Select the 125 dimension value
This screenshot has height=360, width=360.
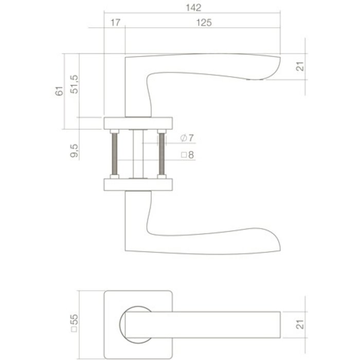pos(204,23)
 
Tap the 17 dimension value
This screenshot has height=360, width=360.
pos(115,23)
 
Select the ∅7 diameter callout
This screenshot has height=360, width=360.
pos(187,138)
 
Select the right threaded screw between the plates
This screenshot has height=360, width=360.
pos(163,153)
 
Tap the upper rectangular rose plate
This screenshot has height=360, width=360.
pos(139,123)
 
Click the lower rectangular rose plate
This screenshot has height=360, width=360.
pos(139,184)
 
